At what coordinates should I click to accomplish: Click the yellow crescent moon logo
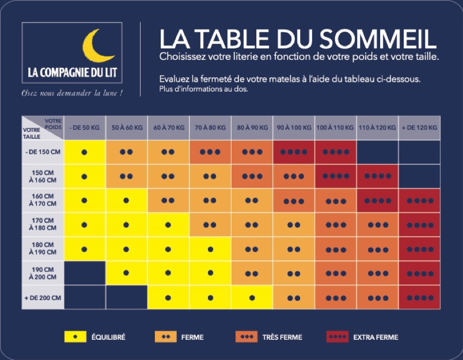[x=99, y=47]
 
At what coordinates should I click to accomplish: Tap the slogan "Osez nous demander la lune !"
[x=72, y=93]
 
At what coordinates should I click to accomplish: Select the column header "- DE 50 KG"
[x=84, y=127]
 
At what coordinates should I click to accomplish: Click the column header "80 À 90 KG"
[x=251, y=127]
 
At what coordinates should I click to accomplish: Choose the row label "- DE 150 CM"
[x=43, y=151]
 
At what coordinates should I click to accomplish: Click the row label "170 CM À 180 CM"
[x=43, y=225]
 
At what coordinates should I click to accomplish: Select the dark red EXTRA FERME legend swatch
[x=337, y=337]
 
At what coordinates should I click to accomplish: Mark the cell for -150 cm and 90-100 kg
[x=293, y=151]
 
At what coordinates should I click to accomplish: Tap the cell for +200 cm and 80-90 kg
[x=251, y=297]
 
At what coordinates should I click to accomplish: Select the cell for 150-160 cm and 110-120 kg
[x=377, y=176]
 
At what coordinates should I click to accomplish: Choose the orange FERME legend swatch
[x=166, y=337]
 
